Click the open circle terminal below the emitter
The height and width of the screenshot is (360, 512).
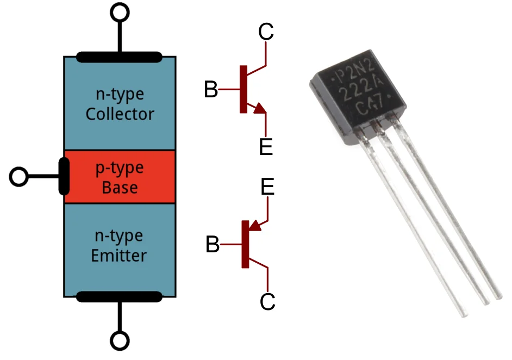click(x=120, y=341)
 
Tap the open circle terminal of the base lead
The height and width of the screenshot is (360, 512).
click(x=19, y=176)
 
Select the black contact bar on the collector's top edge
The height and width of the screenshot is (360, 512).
click(x=120, y=56)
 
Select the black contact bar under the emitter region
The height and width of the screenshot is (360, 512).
click(x=120, y=296)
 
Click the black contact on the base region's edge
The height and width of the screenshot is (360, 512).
click(x=64, y=176)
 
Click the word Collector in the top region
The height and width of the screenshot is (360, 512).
click(x=120, y=114)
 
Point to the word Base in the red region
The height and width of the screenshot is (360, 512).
click(x=120, y=188)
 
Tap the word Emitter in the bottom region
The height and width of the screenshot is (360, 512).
click(x=120, y=255)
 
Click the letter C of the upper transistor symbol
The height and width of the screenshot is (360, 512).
click(x=266, y=33)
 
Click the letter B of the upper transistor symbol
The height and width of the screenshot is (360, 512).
click(x=211, y=90)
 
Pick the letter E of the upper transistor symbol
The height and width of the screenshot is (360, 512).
click(x=266, y=147)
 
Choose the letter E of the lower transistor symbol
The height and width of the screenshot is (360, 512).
click(x=267, y=187)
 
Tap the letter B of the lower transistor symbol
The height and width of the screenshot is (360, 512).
click(x=213, y=245)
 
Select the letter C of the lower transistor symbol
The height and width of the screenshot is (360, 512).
click(x=267, y=301)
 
